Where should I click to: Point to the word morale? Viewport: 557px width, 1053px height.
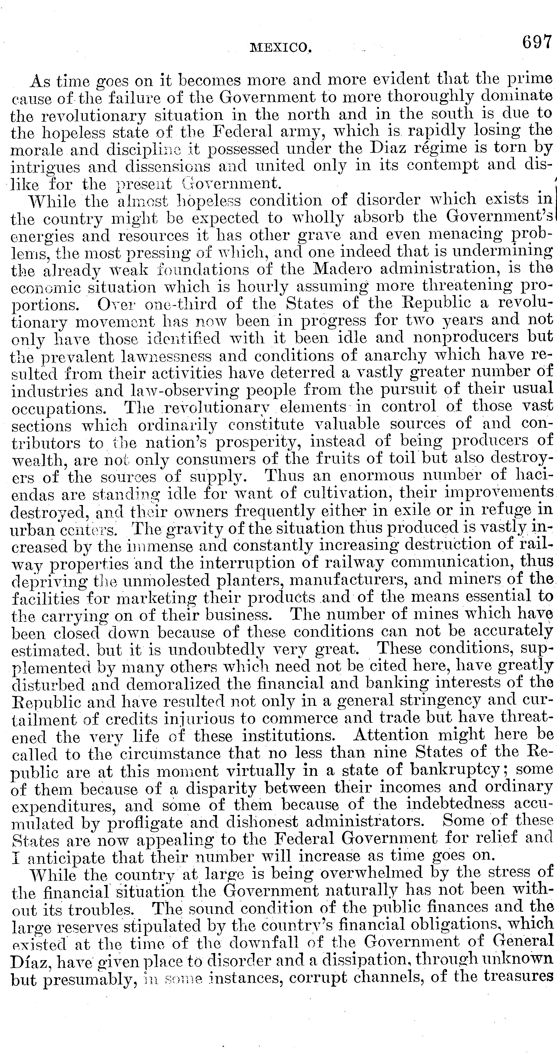[x=36, y=150]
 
